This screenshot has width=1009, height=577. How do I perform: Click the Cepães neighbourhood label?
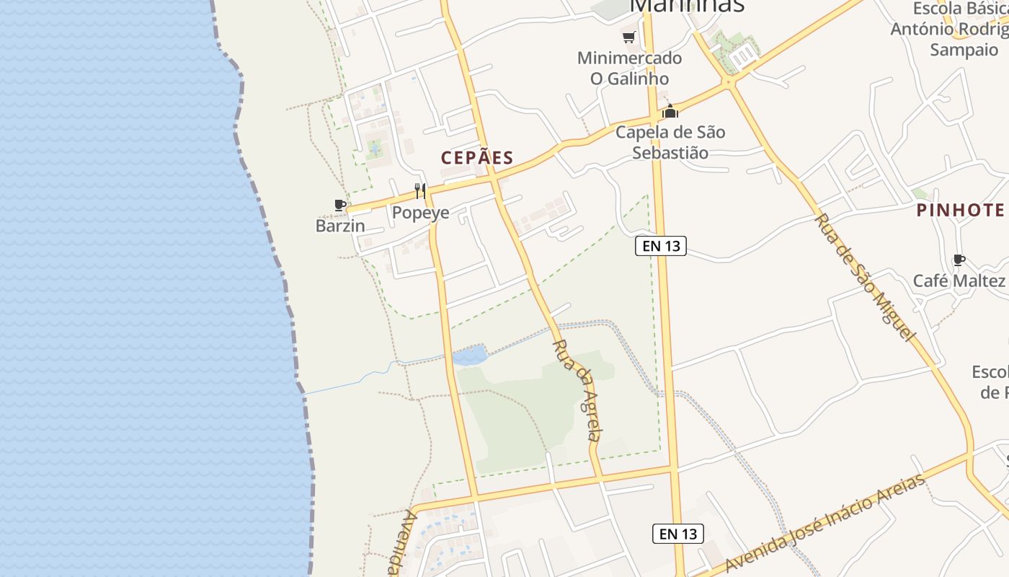[x=477, y=158]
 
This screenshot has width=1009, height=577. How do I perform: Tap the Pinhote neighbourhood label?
[x=960, y=210]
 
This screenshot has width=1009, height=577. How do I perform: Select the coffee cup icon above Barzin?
[x=341, y=206]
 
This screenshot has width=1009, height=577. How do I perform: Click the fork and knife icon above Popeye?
[x=420, y=191]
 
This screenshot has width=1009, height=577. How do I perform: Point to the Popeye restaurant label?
[x=420, y=213]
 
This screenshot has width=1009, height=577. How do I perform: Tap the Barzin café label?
[x=340, y=226]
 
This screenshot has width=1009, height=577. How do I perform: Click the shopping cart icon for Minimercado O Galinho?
[x=629, y=37]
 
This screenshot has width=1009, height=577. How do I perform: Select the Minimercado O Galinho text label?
[x=629, y=68]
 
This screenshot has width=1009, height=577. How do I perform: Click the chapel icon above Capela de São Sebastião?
[x=671, y=111]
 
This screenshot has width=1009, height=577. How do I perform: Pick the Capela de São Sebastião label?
[x=670, y=142]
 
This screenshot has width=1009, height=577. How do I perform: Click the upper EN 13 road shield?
[x=661, y=246]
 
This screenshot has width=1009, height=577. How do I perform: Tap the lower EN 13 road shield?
[x=677, y=534]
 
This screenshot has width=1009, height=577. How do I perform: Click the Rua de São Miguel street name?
[x=865, y=277]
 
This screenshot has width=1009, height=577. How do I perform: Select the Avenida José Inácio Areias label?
[x=825, y=523]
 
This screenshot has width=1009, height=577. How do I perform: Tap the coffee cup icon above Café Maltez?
[x=959, y=260]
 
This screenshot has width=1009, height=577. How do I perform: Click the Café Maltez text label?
[x=959, y=281]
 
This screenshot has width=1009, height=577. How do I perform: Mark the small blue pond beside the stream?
[x=469, y=356]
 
